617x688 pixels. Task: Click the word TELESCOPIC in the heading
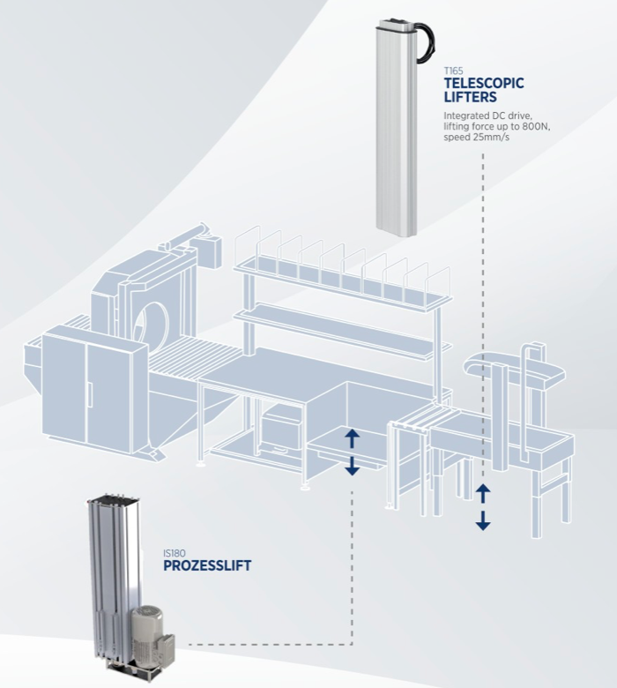tap(484, 83)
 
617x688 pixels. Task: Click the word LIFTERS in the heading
tap(470, 97)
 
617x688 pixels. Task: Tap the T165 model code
tap(453, 71)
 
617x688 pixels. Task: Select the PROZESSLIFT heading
tap(207, 565)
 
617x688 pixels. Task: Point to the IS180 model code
tap(173, 553)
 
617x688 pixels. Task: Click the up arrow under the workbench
tap(353, 438)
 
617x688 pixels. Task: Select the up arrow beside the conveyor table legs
tap(483, 493)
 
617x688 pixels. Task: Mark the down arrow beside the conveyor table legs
tap(483, 520)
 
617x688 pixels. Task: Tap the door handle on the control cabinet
tap(90, 395)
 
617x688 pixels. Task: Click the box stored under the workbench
tap(281, 430)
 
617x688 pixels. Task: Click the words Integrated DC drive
tap(487, 116)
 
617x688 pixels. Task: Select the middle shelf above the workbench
tap(343, 330)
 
